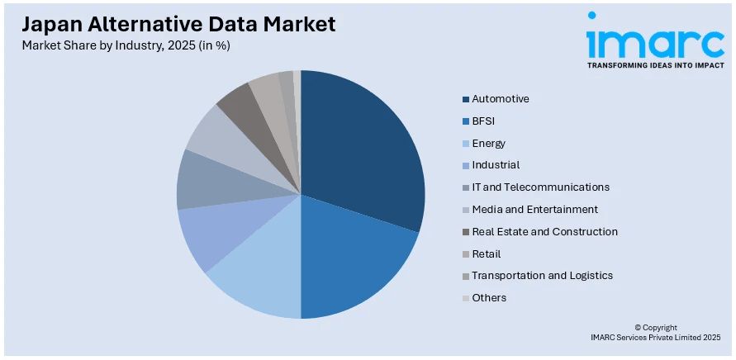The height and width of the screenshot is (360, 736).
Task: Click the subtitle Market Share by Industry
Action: (126, 45)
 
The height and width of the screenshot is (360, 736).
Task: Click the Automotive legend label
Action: (501, 99)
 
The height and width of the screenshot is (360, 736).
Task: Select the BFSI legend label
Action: (484, 121)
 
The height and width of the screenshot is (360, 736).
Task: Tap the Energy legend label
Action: (489, 144)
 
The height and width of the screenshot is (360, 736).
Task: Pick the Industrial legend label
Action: (496, 165)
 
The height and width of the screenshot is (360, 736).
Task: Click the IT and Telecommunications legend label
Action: (540, 187)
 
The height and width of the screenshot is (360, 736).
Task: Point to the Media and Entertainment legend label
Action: (535, 210)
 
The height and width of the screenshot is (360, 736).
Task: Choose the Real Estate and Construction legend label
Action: (544, 232)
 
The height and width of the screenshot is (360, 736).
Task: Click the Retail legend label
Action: (487, 254)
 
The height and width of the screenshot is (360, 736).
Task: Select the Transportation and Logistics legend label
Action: (542, 276)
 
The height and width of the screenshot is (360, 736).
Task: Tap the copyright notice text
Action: (656, 333)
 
